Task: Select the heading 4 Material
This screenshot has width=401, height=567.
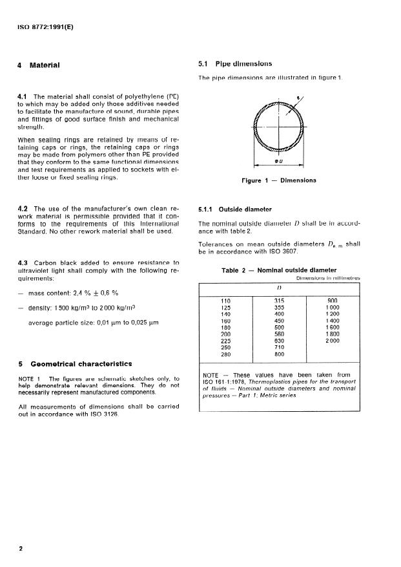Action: [39, 65]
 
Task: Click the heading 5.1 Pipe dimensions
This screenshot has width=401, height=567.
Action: [234, 64]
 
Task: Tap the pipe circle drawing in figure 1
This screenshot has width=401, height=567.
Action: [279, 127]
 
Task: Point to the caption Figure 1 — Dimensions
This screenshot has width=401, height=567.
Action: [279, 180]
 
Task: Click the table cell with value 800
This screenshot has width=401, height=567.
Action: [279, 354]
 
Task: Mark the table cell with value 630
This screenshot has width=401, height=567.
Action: [279, 341]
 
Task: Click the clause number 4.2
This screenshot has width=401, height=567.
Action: [23, 209]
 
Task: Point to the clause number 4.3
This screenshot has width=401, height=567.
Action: [23, 262]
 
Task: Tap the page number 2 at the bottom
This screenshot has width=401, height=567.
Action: [21, 549]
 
